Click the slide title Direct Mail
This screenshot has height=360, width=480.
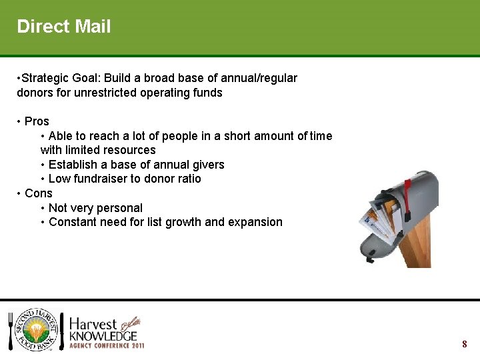pyautogui.click(x=63, y=27)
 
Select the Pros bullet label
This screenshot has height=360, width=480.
pyautogui.click(x=37, y=121)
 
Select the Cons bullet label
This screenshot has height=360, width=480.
pyautogui.click(x=38, y=193)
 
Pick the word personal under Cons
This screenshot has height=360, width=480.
pyautogui.click(x=120, y=208)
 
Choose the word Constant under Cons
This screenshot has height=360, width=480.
pyautogui.click(x=73, y=222)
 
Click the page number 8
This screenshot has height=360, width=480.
pyautogui.click(x=464, y=345)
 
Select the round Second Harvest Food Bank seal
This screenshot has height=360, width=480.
pyautogui.click(x=35, y=331)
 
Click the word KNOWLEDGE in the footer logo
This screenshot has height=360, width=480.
pyautogui.click(x=103, y=336)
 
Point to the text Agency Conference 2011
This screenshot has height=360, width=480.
pyautogui.click(x=107, y=346)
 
